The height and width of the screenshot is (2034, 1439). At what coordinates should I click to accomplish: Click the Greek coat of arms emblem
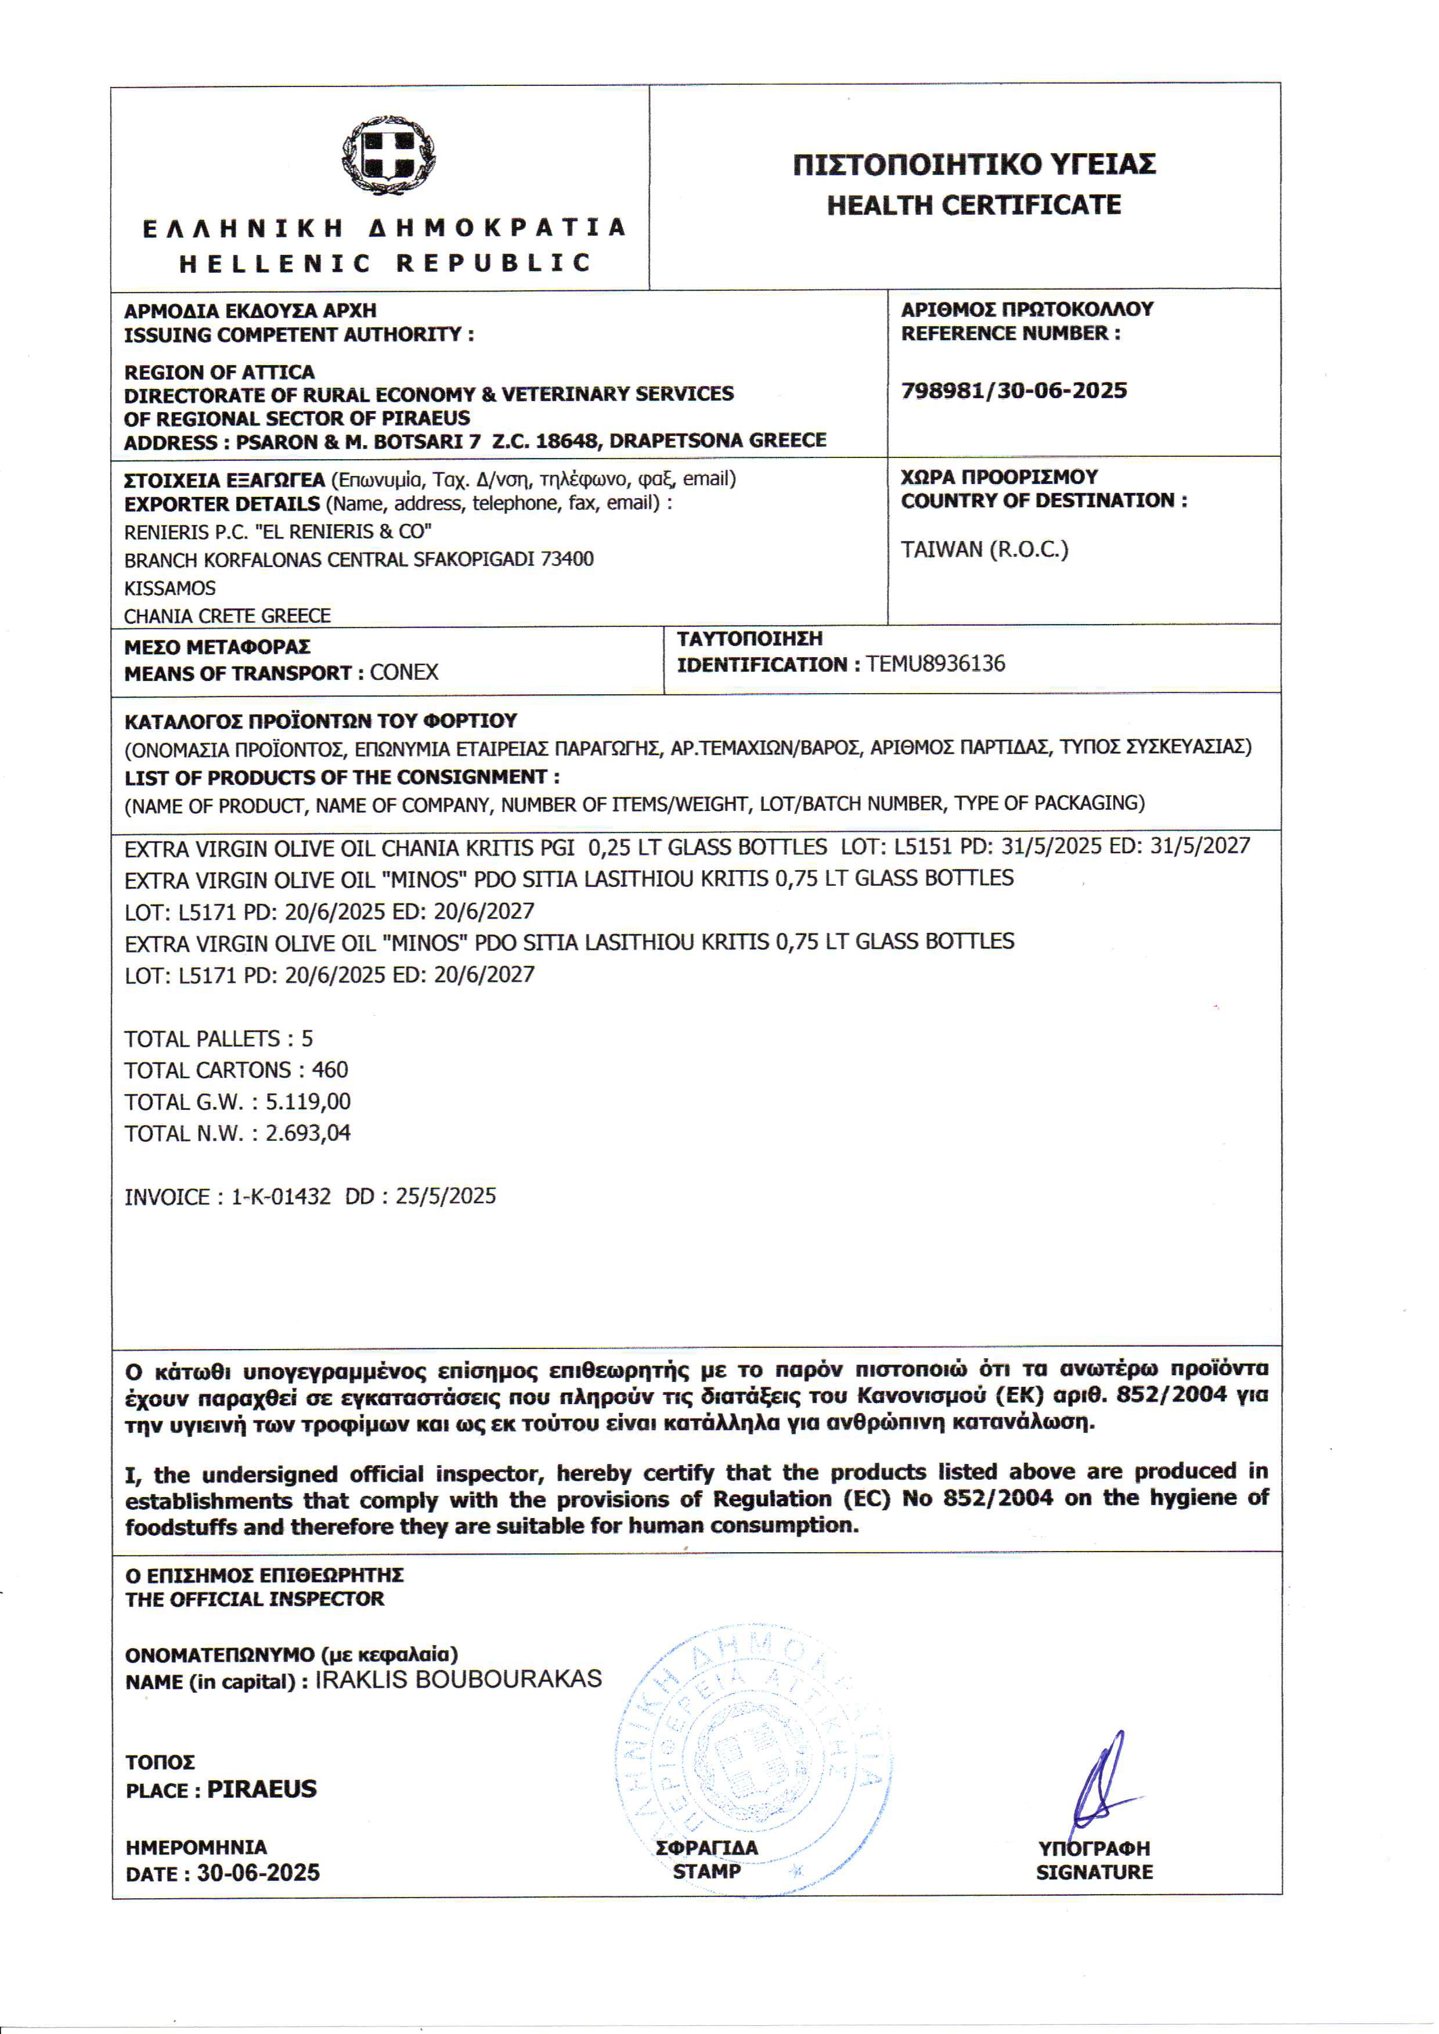tap(388, 156)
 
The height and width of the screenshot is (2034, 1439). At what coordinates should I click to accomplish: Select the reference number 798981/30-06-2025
tap(1014, 391)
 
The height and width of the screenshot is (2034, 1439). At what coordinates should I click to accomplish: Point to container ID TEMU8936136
tap(936, 663)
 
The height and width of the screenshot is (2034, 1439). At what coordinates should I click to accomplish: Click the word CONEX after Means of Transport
tap(404, 672)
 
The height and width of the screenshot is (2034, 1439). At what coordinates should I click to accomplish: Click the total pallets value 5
tap(306, 1038)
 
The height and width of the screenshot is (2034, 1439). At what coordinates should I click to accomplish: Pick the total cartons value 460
tap(330, 1070)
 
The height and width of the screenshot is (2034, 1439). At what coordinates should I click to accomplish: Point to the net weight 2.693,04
tap(308, 1133)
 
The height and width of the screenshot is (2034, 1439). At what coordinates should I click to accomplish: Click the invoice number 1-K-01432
tap(281, 1197)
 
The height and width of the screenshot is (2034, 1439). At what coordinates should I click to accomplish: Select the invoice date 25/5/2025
tap(446, 1197)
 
